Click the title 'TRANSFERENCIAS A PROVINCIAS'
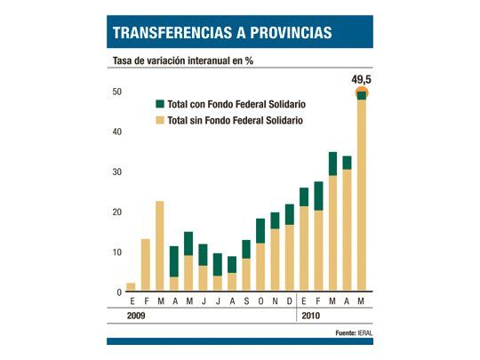point(222,33)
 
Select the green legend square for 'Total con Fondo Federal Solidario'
point(160,103)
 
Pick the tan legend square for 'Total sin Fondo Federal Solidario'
point(160,120)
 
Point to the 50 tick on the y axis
point(116,92)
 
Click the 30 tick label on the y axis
point(116,172)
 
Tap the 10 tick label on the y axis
point(116,252)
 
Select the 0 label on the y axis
point(119,292)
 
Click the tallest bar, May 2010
point(362,196)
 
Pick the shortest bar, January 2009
point(131,287)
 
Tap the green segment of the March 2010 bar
point(332,164)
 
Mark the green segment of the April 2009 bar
point(174,261)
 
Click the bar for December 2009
point(289,248)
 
